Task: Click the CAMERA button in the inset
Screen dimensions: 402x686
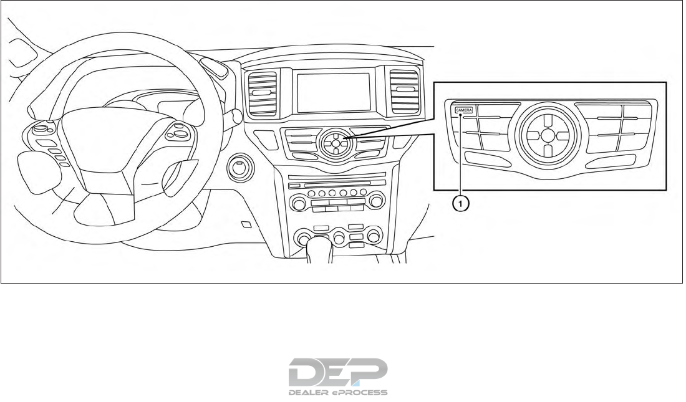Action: point(464,110)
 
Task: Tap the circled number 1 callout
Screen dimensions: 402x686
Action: point(461,203)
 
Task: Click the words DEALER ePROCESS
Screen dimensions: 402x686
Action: point(338,393)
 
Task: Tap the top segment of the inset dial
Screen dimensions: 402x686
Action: point(546,117)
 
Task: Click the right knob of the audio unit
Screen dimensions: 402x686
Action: point(375,201)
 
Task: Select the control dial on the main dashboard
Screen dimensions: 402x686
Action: point(336,143)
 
